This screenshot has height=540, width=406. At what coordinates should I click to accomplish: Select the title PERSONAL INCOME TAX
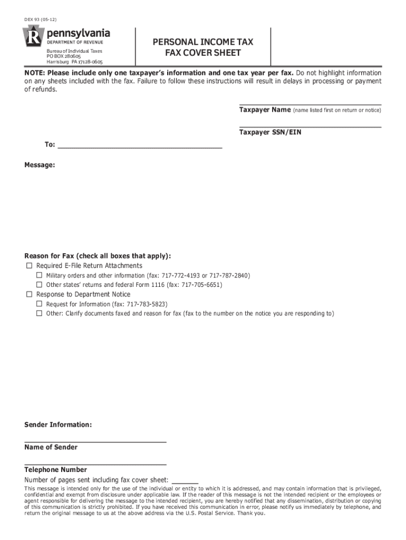(x=203, y=42)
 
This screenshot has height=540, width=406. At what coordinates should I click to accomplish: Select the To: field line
(x=140, y=147)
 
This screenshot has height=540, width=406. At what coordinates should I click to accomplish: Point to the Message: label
(x=40, y=165)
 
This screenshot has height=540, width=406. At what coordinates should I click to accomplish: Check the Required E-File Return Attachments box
(x=29, y=266)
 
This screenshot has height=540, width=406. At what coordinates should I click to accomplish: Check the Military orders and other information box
(x=39, y=275)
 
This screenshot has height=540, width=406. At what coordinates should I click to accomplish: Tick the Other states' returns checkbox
(x=39, y=285)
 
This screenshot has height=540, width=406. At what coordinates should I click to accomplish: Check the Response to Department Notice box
(x=29, y=294)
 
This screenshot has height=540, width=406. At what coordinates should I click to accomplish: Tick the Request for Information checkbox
(x=39, y=304)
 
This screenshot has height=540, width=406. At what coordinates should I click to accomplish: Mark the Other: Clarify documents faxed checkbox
(x=39, y=313)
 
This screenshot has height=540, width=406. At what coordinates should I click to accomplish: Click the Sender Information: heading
(x=58, y=425)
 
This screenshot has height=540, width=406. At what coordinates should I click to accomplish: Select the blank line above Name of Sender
(x=95, y=441)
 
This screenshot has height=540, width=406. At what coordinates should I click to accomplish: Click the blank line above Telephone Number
(x=95, y=464)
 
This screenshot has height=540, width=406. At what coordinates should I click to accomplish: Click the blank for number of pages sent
(x=185, y=481)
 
